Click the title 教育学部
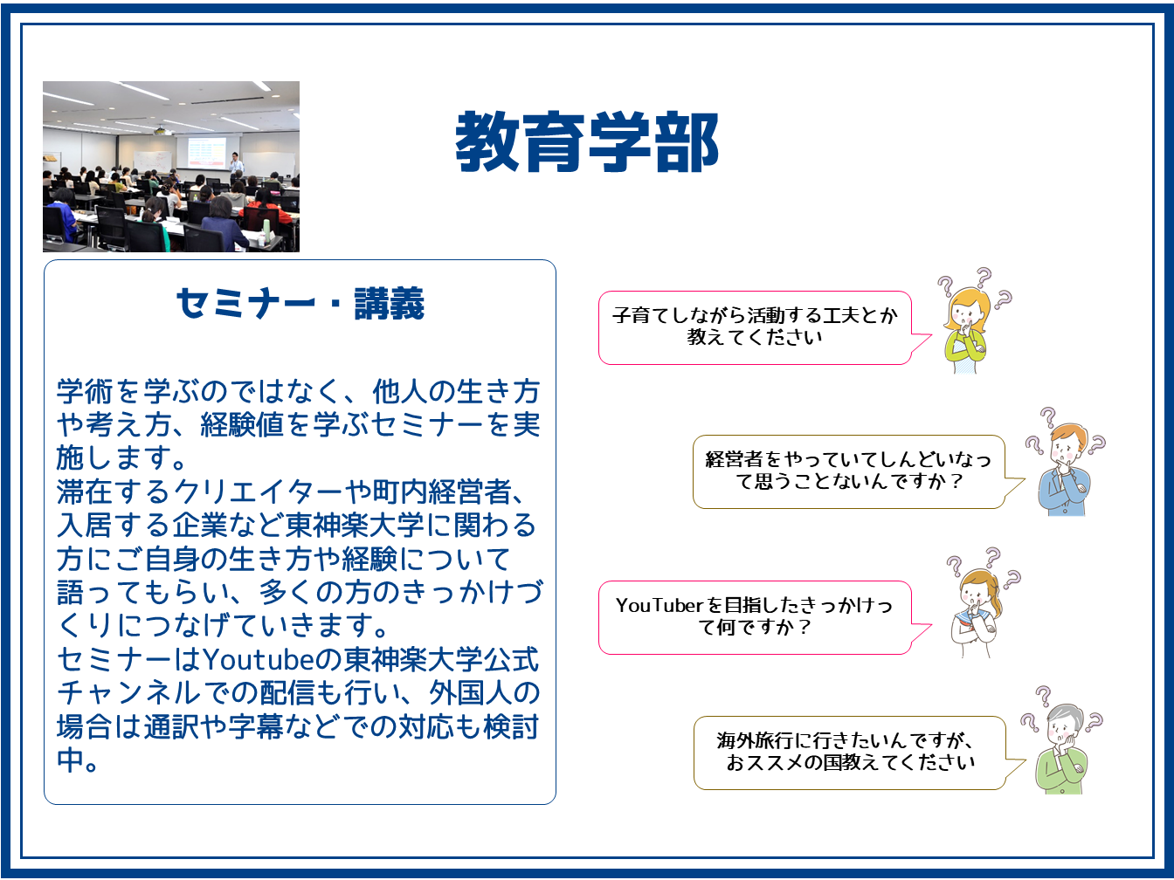(587, 141)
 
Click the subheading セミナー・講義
(300, 304)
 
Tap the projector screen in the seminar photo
(206, 152)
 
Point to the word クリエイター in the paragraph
(259, 492)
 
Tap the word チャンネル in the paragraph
(128, 693)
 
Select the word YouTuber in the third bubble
(660, 605)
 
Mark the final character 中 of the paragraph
(71, 760)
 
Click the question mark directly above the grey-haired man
(1042, 696)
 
